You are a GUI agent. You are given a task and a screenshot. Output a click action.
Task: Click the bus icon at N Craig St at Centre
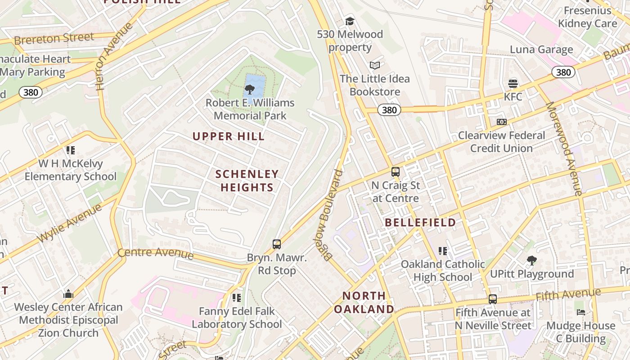pos(396,172)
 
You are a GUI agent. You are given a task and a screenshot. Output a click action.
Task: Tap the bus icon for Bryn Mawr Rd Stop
pos(277,244)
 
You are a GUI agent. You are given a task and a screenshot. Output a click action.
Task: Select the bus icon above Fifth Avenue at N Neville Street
pos(493,299)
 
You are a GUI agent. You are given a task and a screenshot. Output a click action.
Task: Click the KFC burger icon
pos(513,83)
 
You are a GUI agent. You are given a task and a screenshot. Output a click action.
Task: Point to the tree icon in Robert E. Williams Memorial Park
pos(250,89)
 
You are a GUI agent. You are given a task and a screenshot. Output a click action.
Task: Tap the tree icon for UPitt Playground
pos(531,260)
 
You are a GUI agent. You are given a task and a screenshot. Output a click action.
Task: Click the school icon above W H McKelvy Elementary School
pos(70,150)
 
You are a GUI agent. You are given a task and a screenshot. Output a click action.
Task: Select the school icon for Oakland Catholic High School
pos(443,251)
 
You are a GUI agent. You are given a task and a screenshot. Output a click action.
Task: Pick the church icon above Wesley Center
pos(68,294)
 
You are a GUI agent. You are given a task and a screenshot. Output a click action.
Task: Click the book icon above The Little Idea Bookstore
pos(374,66)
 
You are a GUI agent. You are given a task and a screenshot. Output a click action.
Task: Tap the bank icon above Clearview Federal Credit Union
pos(502,122)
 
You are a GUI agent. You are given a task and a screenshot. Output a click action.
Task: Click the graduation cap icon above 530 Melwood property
pos(350,21)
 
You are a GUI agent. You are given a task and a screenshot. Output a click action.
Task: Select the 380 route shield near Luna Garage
pos(563,72)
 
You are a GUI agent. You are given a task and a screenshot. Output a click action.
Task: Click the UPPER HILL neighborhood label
pos(229,136)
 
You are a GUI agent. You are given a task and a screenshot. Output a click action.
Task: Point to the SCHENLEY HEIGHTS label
pos(247,180)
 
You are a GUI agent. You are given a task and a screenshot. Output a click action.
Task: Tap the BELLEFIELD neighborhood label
pos(420,222)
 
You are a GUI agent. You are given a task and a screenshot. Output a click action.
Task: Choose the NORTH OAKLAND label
pos(364,302)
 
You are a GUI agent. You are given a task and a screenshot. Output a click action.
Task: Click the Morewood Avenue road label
pos(563,148)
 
